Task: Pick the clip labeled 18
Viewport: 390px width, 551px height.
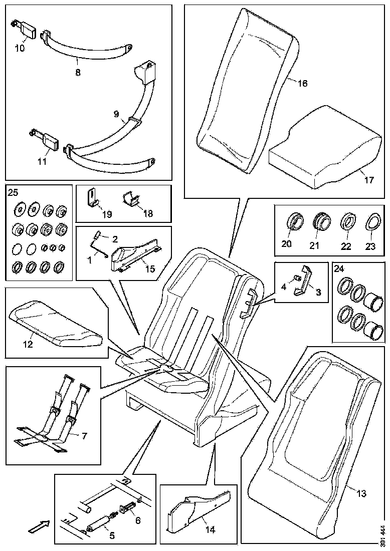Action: pos(132,199)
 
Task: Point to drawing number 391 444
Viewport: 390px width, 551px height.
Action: pos(383,535)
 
